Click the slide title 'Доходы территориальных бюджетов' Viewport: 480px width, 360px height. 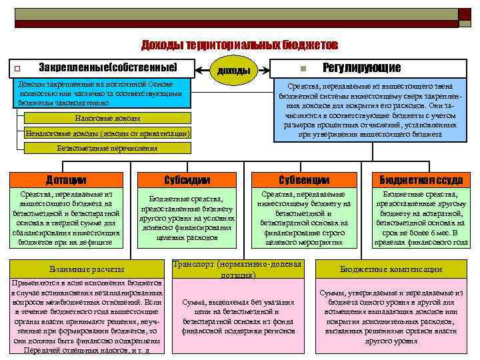239,45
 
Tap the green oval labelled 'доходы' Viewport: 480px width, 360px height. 234,70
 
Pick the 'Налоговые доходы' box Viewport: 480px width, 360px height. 107,118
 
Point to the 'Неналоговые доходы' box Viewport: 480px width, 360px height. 107,133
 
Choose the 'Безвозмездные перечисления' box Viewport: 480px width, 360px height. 107,148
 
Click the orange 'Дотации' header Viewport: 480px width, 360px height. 66,180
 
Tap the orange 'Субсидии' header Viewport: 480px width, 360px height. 187,180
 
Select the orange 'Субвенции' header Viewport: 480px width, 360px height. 304,180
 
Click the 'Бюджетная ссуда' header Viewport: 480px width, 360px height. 421,180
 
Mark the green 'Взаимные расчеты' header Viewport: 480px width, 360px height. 87,269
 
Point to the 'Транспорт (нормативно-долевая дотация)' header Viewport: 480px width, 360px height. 237,269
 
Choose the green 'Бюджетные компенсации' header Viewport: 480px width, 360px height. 391,269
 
